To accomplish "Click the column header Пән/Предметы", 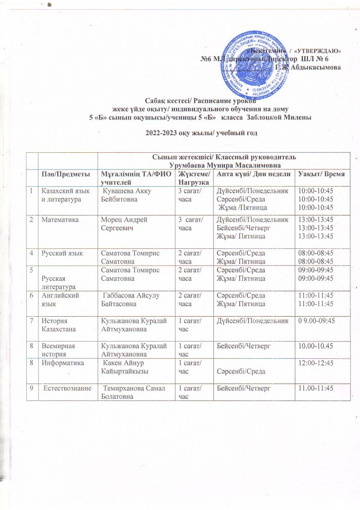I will (x=62, y=175).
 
